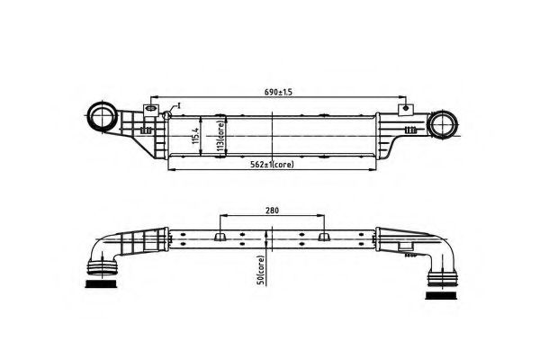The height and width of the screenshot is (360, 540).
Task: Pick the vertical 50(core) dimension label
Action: tap(261, 270)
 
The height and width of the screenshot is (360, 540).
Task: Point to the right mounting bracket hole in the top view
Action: tap(405, 109)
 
